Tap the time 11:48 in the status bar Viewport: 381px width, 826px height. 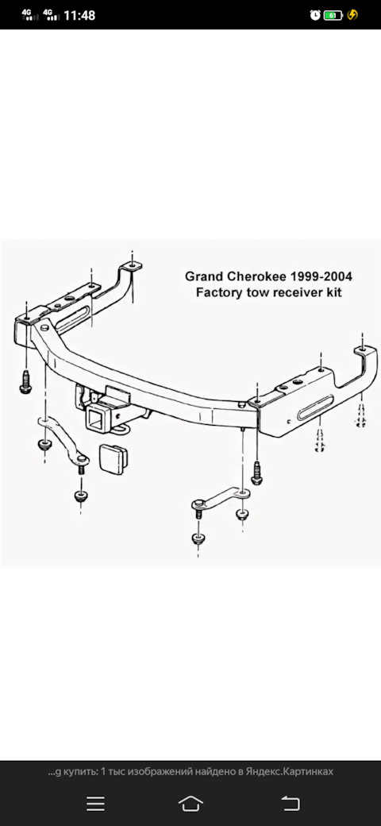pyautogui.click(x=79, y=15)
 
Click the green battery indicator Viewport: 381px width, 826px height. pyautogui.click(x=333, y=15)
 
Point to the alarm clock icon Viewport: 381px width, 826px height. pyautogui.click(x=314, y=15)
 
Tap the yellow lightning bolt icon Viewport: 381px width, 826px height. pyautogui.click(x=352, y=15)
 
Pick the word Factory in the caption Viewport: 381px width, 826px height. pyautogui.click(x=216, y=292)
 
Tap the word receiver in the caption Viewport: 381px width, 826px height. pyautogui.click(x=298, y=292)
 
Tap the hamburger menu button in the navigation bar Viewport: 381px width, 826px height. pyautogui.click(x=95, y=803)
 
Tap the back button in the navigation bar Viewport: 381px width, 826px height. pyautogui.click(x=290, y=803)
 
